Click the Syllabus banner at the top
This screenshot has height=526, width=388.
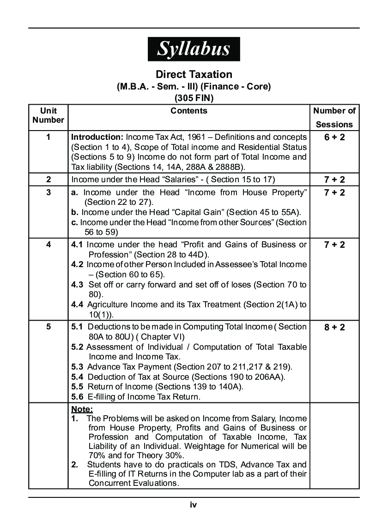(194, 49)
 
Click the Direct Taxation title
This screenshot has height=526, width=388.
(194, 74)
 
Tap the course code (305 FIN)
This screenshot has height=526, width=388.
(194, 98)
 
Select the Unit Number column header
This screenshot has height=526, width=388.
(48, 115)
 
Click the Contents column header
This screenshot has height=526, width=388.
(189, 111)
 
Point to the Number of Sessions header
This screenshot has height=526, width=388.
(334, 117)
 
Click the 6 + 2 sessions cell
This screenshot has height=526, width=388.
(334, 137)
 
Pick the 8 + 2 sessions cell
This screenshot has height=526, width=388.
(334, 328)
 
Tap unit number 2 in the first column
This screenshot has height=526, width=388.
(48, 179)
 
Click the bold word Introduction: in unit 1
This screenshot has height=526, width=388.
(97, 137)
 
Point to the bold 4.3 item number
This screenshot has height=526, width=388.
(77, 285)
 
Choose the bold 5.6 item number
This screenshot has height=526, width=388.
(77, 397)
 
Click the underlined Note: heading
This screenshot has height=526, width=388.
(82, 409)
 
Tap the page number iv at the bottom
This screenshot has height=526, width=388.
(194, 505)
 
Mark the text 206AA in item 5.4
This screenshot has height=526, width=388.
(271, 377)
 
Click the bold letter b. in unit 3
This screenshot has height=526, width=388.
(75, 212)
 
